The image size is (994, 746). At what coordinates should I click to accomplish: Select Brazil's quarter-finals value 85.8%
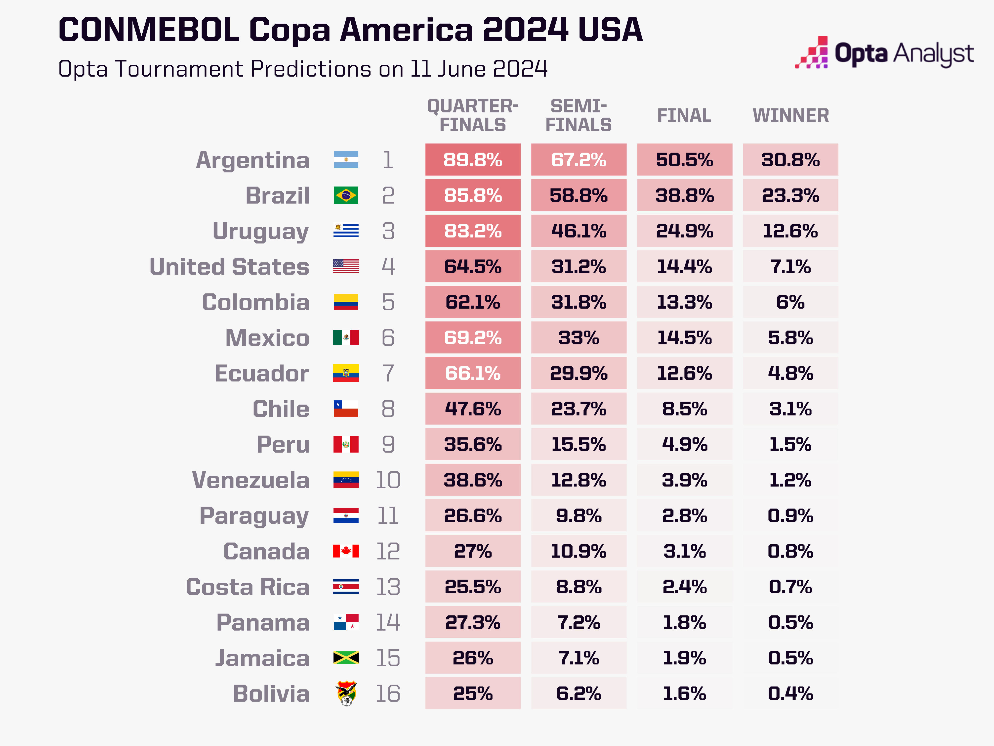(x=473, y=195)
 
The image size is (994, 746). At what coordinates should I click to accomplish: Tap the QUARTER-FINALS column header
(x=473, y=116)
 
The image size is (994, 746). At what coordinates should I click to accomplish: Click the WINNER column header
(x=790, y=116)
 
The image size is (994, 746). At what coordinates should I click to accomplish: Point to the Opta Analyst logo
(x=884, y=53)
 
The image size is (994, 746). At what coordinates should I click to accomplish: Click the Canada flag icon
(x=346, y=551)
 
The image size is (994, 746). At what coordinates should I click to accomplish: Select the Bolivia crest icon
(x=346, y=693)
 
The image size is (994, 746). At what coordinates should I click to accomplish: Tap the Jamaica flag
(x=346, y=658)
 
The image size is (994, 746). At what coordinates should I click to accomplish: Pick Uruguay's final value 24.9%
(x=684, y=231)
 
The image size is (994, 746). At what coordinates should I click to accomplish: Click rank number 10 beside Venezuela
(x=388, y=480)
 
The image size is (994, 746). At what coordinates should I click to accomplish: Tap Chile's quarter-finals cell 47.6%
(x=473, y=409)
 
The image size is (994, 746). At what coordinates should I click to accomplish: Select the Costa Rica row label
(x=248, y=587)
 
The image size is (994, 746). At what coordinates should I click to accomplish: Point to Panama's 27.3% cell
(x=473, y=622)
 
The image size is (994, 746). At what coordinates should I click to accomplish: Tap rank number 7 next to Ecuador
(x=388, y=373)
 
